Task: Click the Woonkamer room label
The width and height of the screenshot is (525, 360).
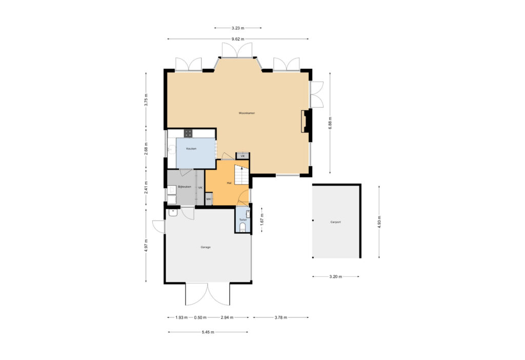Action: pos(247,113)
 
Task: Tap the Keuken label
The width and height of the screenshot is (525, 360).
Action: pos(191,148)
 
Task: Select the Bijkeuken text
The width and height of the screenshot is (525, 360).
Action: pos(185,187)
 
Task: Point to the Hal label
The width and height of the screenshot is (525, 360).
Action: pos(229,183)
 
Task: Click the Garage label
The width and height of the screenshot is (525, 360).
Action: pos(206,247)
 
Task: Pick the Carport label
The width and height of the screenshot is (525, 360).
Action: pos(335,222)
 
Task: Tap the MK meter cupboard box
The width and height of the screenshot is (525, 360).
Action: pos(209,199)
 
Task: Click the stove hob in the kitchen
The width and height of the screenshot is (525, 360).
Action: pos(188,133)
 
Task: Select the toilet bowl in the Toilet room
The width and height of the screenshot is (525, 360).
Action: pos(243,228)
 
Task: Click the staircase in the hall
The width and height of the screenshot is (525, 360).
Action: pos(241,174)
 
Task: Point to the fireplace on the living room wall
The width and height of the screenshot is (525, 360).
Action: pos(306,121)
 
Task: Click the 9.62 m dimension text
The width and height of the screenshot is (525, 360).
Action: pos(238,39)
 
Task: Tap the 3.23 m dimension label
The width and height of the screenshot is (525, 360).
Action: pos(238,28)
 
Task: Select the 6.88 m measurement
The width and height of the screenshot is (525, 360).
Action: pos(330,123)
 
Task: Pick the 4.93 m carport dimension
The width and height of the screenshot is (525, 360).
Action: pos(379,222)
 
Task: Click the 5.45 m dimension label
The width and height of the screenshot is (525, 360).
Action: pos(208,332)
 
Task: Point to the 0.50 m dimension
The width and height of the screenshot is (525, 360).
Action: pos(200,317)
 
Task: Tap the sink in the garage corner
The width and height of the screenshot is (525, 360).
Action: pos(173,213)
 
